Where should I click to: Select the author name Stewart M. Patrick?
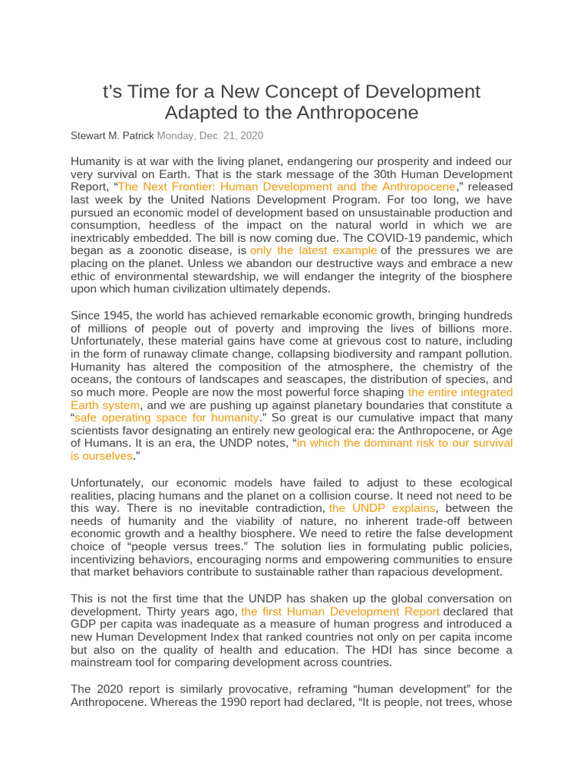tap(112, 135)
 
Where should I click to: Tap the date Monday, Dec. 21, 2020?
tap(211, 135)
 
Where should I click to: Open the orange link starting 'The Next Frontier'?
tap(287, 186)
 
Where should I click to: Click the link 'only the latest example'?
tap(313, 250)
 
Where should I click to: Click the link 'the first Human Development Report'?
tap(340, 612)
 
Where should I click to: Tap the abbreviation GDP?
tap(84, 625)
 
